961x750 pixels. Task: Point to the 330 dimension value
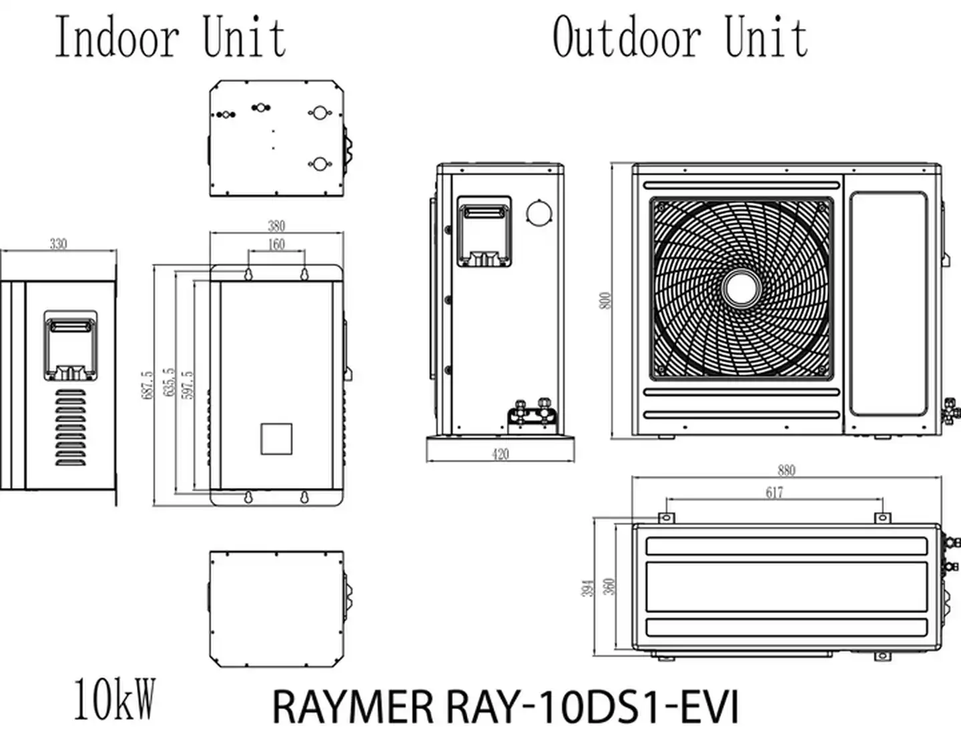(x=59, y=244)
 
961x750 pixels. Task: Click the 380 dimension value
(x=276, y=226)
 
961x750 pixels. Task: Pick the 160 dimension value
(x=276, y=244)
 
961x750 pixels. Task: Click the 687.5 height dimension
(x=147, y=385)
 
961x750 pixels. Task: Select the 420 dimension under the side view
(x=500, y=454)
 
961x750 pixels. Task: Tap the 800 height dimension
(x=605, y=300)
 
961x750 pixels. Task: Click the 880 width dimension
(x=787, y=470)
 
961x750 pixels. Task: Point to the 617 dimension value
(x=774, y=492)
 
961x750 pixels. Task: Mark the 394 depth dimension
(x=587, y=588)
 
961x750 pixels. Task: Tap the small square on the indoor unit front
(x=276, y=438)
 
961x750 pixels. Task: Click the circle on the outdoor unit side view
(x=539, y=212)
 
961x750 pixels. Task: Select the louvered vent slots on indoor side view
(x=70, y=427)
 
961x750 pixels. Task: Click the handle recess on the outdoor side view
(x=485, y=230)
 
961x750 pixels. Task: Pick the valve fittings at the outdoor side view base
(x=531, y=413)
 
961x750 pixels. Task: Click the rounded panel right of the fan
(x=888, y=304)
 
